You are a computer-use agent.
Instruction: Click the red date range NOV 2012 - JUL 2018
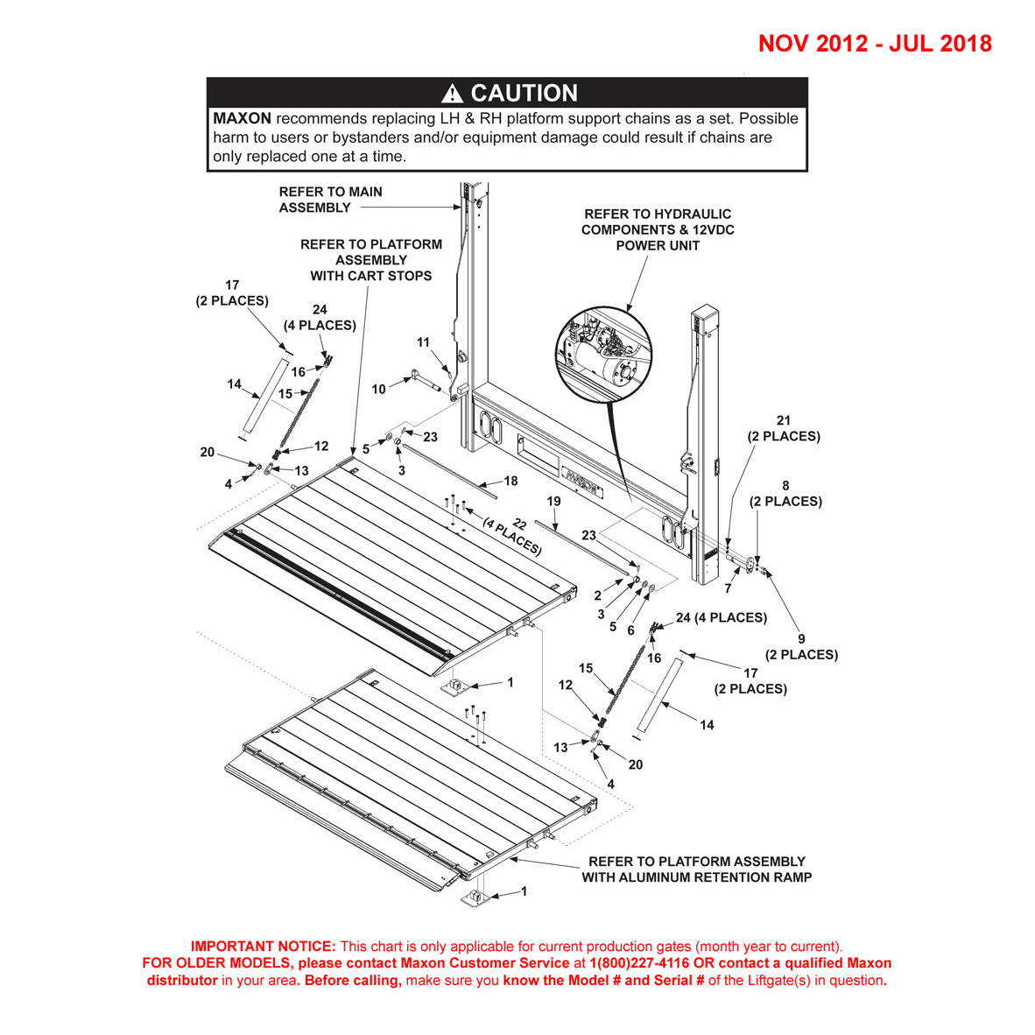click(x=874, y=44)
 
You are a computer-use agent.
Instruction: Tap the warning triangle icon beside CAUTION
click(x=452, y=94)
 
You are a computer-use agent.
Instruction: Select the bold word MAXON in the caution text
click(x=242, y=118)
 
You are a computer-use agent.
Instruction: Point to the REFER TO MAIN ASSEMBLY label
click(x=330, y=200)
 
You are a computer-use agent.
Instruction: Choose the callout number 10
click(x=378, y=389)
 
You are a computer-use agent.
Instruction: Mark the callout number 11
click(x=423, y=342)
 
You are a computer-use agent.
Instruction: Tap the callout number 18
click(x=510, y=481)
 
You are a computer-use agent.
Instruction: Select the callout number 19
click(x=553, y=502)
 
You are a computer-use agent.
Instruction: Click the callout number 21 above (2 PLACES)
click(x=783, y=421)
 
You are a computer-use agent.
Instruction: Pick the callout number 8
click(x=785, y=486)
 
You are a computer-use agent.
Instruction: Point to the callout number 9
click(x=800, y=639)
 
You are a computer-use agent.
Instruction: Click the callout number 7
click(x=728, y=588)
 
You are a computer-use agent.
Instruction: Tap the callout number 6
click(x=630, y=630)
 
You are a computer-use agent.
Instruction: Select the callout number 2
click(x=597, y=595)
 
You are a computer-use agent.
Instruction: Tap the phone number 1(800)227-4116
click(x=630, y=963)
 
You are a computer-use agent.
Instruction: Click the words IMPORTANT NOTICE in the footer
click(x=263, y=947)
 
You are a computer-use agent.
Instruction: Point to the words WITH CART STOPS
click(x=370, y=276)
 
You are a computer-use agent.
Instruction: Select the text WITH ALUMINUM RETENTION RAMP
click(x=696, y=877)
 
